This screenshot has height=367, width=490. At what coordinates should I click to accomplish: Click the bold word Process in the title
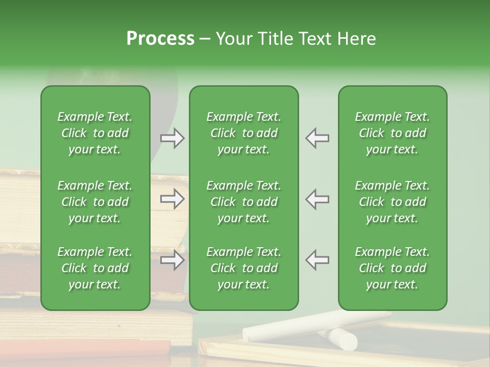pyautogui.click(x=160, y=39)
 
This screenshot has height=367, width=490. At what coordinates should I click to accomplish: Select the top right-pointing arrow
pyautogui.click(x=172, y=138)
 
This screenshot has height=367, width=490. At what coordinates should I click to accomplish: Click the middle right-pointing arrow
pyautogui.click(x=172, y=199)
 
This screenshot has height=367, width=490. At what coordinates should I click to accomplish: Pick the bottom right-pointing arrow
pyautogui.click(x=172, y=260)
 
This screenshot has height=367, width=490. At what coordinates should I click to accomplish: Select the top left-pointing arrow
pyautogui.click(x=317, y=138)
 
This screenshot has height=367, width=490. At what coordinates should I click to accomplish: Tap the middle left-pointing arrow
pyautogui.click(x=317, y=199)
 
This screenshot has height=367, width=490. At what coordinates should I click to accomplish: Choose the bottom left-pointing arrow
pyautogui.click(x=317, y=260)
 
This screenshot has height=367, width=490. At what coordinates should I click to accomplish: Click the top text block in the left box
pyautogui.click(x=95, y=133)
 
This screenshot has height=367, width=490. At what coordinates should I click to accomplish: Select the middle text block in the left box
pyautogui.click(x=95, y=202)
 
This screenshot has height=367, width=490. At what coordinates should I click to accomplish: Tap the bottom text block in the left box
pyautogui.click(x=95, y=268)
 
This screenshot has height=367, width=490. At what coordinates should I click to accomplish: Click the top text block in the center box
pyautogui.click(x=243, y=133)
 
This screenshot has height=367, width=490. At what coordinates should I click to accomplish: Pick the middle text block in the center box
pyautogui.click(x=243, y=202)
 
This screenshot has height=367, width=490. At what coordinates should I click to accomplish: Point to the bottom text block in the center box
pyautogui.click(x=243, y=268)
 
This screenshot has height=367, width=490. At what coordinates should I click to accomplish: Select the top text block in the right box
pyautogui.click(x=392, y=133)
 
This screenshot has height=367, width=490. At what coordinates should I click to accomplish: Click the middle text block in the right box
pyautogui.click(x=392, y=202)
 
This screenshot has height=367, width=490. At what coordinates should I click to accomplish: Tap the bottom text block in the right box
pyautogui.click(x=392, y=268)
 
